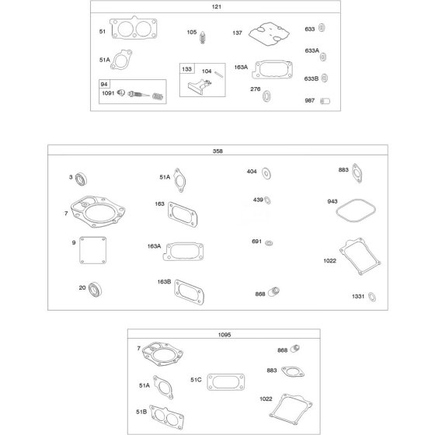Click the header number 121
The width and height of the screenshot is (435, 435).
(x=217, y=7)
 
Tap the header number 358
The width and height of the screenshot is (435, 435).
(x=217, y=151)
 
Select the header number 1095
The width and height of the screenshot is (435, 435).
(x=224, y=335)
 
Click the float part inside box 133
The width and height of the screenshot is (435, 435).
(x=200, y=85)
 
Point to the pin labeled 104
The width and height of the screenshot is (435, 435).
(x=219, y=75)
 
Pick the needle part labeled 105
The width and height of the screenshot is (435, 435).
(x=203, y=37)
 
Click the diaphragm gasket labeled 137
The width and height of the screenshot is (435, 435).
(x=269, y=34)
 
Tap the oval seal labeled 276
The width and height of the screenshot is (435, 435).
(x=266, y=96)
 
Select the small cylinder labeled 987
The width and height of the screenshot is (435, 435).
(x=325, y=101)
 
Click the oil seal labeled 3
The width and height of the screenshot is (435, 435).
(x=81, y=179)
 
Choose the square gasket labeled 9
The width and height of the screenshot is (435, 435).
(x=92, y=250)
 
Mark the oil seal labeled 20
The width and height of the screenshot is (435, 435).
(x=95, y=290)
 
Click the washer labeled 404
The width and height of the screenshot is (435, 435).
(x=266, y=174)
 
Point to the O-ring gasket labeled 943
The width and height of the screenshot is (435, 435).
(x=356, y=211)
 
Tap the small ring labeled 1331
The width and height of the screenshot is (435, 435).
(x=372, y=297)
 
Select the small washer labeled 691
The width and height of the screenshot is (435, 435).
(x=269, y=243)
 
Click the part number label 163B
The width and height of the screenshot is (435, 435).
(x=164, y=281)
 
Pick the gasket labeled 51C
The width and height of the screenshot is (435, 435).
(x=226, y=382)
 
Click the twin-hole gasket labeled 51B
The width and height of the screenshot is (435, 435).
(x=166, y=417)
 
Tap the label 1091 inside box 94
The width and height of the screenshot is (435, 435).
(x=108, y=93)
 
